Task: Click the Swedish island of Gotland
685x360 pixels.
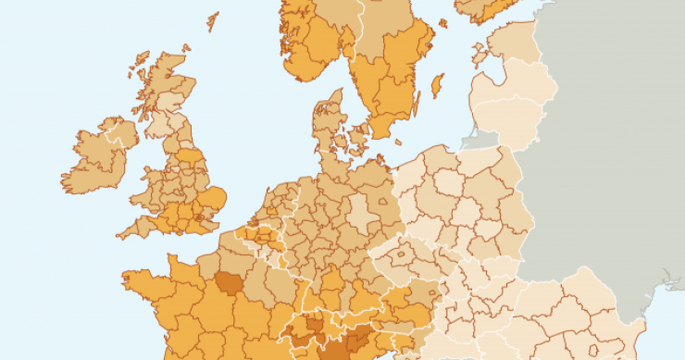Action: pyautogui.click(x=437, y=86)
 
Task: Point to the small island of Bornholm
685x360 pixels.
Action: pyautogui.click(x=399, y=143)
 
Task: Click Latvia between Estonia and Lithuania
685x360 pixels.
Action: pyautogui.click(x=514, y=83)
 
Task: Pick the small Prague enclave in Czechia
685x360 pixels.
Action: pyautogui.click(x=405, y=252)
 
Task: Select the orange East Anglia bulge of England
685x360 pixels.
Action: pyautogui.click(x=215, y=196)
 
